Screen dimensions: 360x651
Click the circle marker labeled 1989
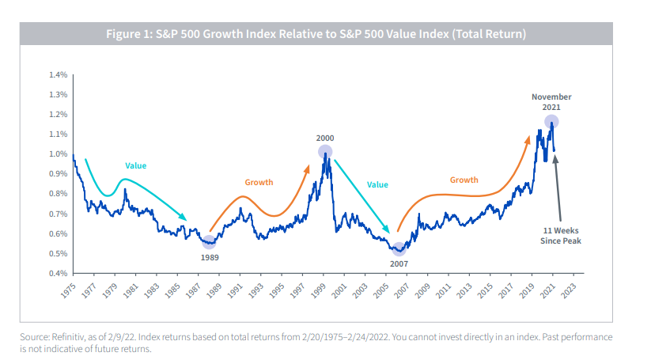pyautogui.click(x=209, y=242)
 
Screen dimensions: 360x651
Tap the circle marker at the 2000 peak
pyautogui.click(x=325, y=152)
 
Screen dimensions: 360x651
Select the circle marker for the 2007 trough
pyautogui.click(x=399, y=248)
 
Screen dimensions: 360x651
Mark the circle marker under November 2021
pyautogui.click(x=551, y=122)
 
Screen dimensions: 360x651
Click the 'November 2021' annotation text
pyautogui.click(x=551, y=102)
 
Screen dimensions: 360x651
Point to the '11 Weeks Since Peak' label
pyautogui.click(x=561, y=235)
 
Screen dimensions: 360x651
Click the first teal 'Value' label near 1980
pyautogui.click(x=136, y=165)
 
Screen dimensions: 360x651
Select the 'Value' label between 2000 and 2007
pyautogui.click(x=377, y=184)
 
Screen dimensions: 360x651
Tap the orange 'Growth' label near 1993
pyautogui.click(x=259, y=182)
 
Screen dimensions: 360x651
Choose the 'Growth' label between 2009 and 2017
pyautogui.click(x=464, y=180)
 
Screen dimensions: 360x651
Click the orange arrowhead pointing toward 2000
pyautogui.click(x=308, y=167)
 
